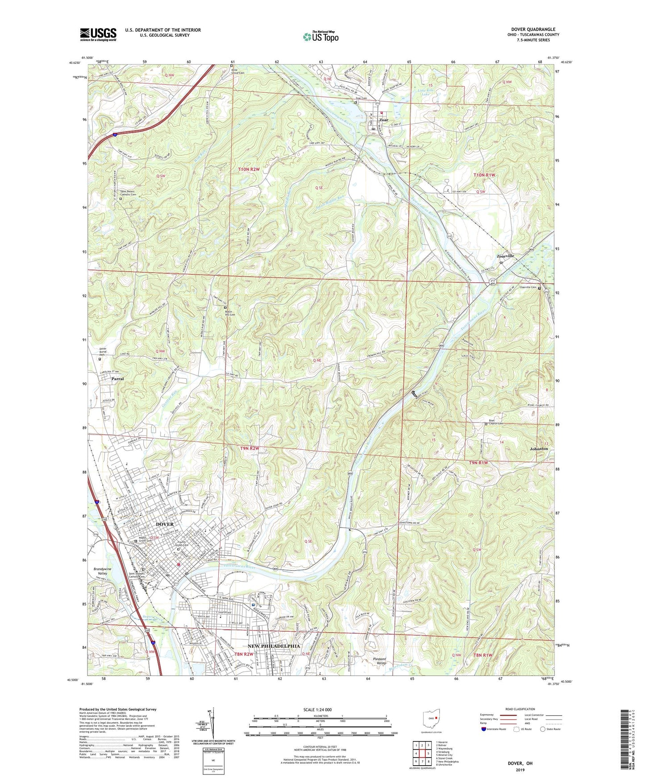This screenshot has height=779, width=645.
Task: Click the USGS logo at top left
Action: pos(98,34)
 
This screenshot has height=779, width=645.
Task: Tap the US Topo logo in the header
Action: pos(320,37)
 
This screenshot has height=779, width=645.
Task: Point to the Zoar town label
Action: pos(383,120)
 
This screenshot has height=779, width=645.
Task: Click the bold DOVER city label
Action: pos(165,524)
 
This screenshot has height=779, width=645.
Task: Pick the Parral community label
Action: pos(117,378)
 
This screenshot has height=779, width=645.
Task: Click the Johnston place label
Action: pos(539,448)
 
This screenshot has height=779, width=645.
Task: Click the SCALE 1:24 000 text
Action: pos(320,709)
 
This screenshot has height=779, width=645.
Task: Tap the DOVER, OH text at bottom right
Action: pos(520,763)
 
